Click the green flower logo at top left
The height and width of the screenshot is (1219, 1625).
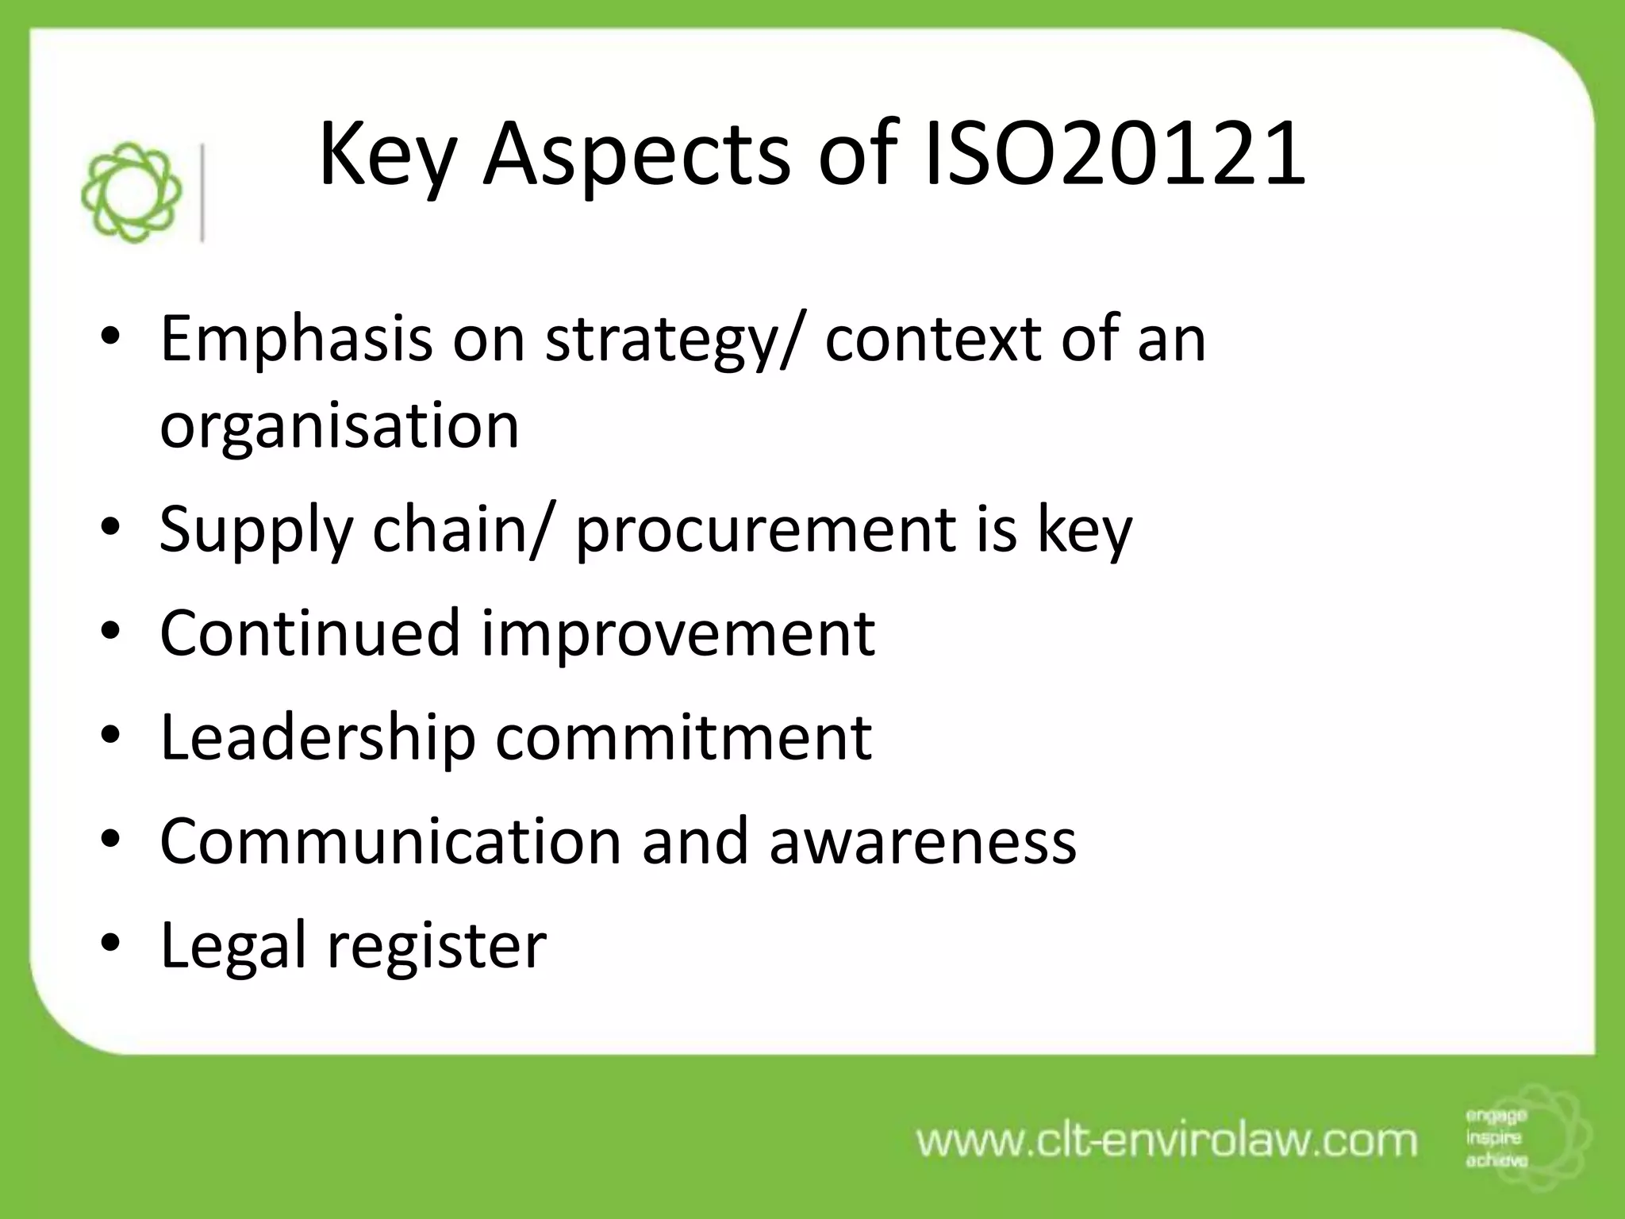pos(132,192)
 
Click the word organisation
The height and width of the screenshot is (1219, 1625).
pos(340,427)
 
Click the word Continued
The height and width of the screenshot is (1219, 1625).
pos(310,633)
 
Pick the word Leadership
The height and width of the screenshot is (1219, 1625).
pos(317,737)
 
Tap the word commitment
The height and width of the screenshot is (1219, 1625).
pos(684,737)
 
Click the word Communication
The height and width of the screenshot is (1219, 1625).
pos(390,841)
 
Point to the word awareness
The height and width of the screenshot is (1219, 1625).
pos(923,841)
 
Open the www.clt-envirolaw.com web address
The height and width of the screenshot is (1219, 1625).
pos(1166,1141)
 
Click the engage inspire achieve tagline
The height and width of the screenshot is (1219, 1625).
pos(1496,1139)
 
